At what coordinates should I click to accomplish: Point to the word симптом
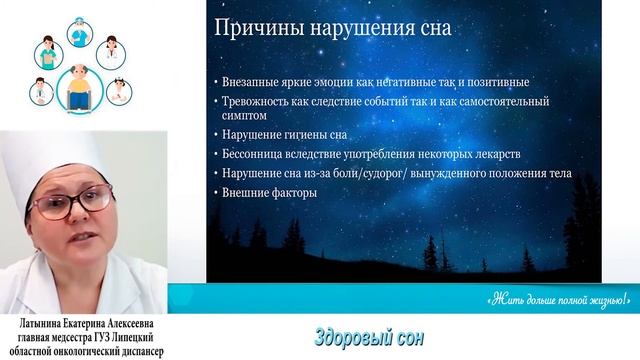(248, 118)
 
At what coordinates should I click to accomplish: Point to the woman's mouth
(75, 237)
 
